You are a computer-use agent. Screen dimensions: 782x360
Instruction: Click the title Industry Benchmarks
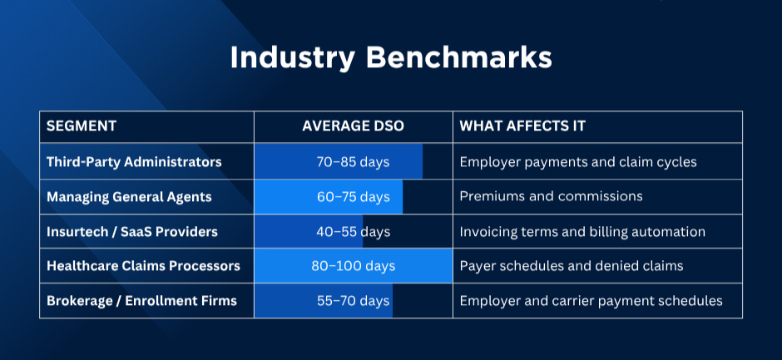click(x=391, y=59)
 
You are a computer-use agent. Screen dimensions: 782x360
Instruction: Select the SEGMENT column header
click(x=82, y=126)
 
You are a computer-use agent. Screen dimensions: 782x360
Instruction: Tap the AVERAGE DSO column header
click(x=353, y=126)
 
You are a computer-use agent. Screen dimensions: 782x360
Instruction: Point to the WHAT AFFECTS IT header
click(x=522, y=126)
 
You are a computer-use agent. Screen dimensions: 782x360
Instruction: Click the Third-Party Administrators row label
click(x=134, y=162)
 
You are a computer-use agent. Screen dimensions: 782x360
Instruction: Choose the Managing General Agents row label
click(x=129, y=197)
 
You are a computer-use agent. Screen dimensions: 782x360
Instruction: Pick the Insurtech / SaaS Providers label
click(x=132, y=232)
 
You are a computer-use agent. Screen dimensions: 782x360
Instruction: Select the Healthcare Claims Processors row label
click(x=143, y=266)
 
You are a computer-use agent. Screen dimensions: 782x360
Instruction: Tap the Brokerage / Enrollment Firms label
click(x=141, y=301)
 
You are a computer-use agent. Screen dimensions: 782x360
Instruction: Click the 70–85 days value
click(x=353, y=162)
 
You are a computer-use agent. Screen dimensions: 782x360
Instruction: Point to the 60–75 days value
click(x=353, y=197)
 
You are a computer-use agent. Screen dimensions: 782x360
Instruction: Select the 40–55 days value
click(x=353, y=232)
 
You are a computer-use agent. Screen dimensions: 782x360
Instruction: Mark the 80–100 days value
click(x=353, y=266)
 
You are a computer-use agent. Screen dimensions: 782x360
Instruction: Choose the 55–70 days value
click(x=353, y=301)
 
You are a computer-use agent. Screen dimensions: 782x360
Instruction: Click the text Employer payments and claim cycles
click(x=578, y=163)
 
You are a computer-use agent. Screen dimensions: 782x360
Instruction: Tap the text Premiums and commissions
click(x=551, y=196)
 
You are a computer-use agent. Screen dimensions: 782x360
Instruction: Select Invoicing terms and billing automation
click(x=582, y=232)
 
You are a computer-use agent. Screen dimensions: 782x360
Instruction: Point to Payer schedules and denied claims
click(x=572, y=266)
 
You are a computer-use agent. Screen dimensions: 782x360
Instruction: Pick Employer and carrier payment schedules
click(x=591, y=301)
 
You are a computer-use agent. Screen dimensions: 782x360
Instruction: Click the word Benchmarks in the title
click(x=459, y=58)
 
